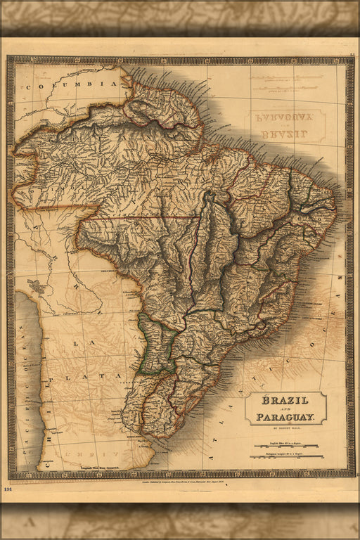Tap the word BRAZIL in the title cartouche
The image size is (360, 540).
[x=285, y=401]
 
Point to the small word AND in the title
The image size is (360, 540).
[x=285, y=409]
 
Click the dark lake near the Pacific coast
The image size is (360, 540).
[x=35, y=286]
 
